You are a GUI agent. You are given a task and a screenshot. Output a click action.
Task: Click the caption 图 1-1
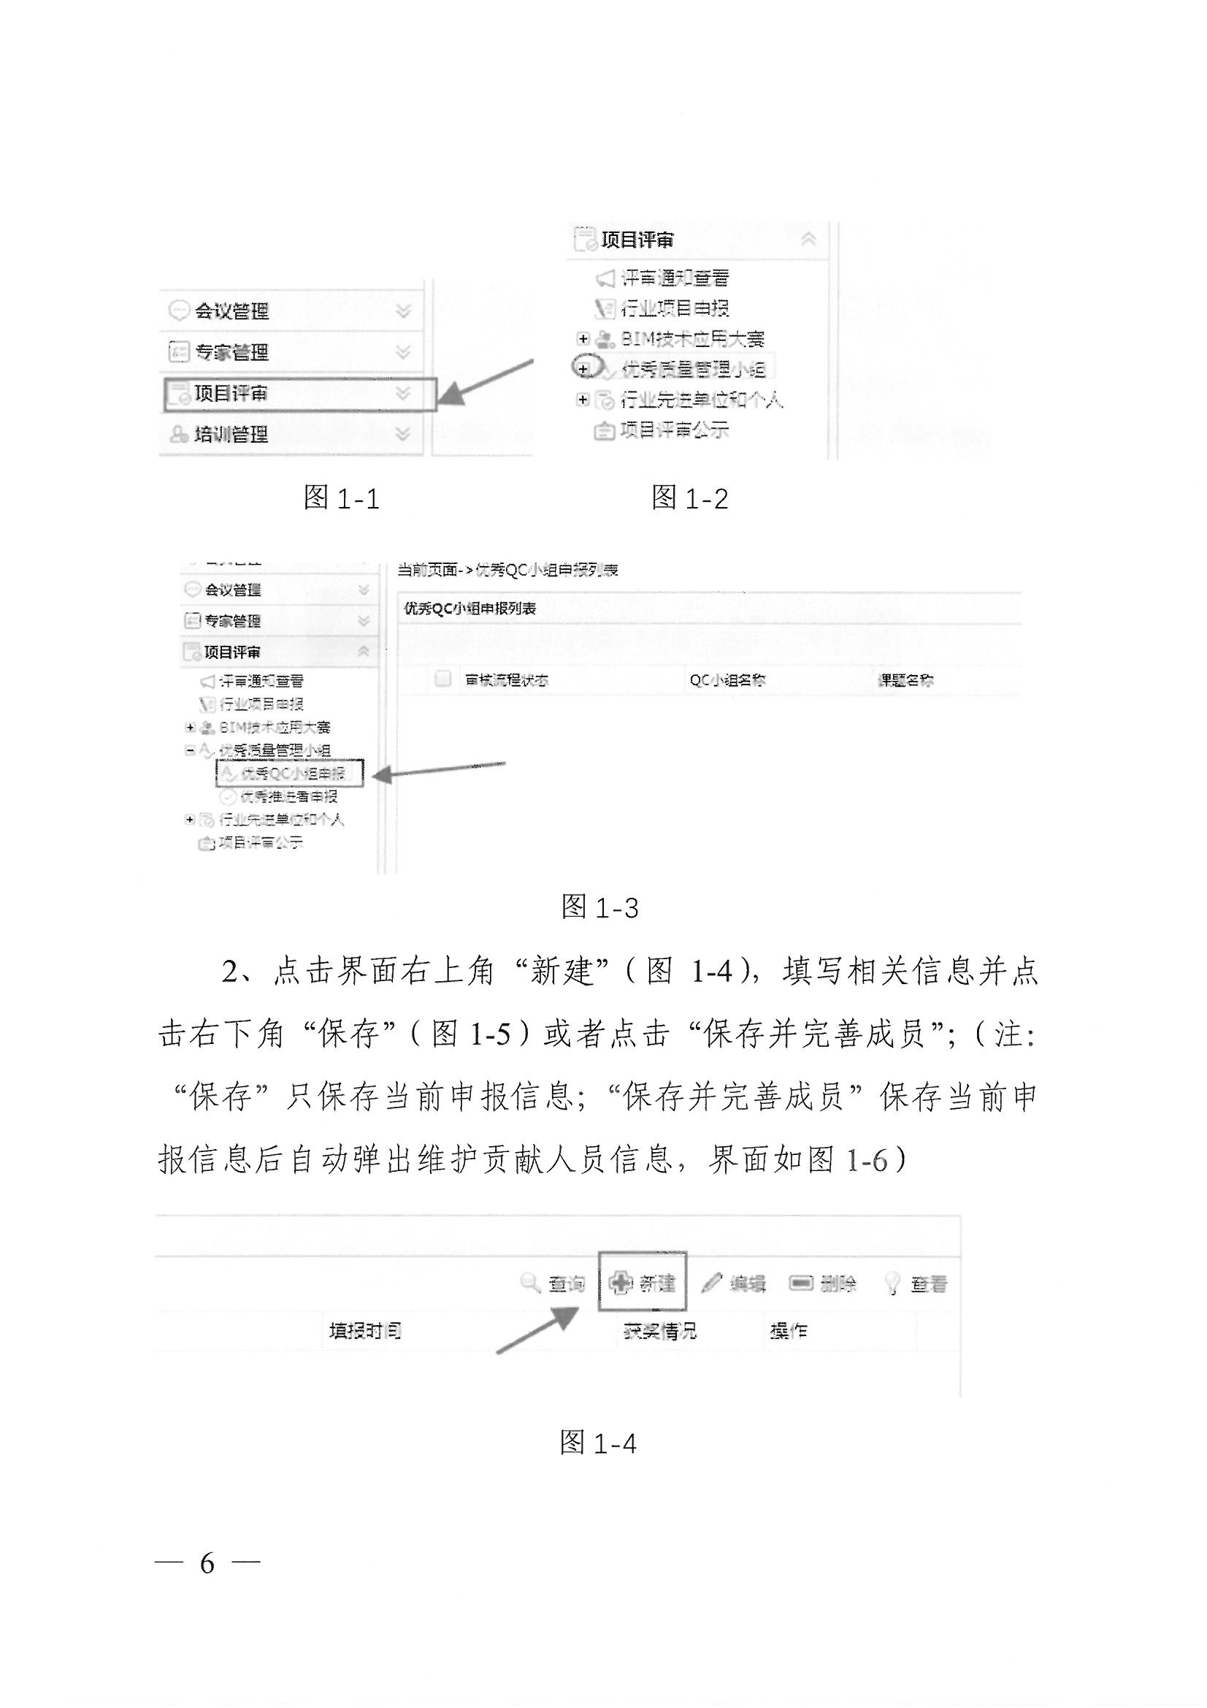tap(341, 497)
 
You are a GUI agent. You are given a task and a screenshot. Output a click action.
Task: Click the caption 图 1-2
tap(689, 497)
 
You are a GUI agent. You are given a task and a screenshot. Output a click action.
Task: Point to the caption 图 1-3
tap(599, 907)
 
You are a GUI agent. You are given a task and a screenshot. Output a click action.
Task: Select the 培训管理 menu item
tap(231, 435)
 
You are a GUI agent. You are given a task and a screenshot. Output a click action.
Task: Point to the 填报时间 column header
tap(365, 1330)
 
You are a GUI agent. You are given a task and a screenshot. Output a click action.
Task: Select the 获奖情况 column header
tap(659, 1330)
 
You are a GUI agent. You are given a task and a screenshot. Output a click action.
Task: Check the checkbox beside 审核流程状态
tap(442, 678)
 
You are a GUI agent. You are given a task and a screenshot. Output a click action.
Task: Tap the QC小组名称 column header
tap(727, 680)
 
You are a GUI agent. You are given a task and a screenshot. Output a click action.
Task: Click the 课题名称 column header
tap(906, 680)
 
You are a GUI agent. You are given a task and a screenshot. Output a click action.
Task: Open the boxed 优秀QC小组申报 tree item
tap(291, 774)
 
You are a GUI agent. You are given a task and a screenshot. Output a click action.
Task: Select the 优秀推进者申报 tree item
tap(288, 797)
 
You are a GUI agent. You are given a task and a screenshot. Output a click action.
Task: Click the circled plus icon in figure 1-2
tap(584, 369)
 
